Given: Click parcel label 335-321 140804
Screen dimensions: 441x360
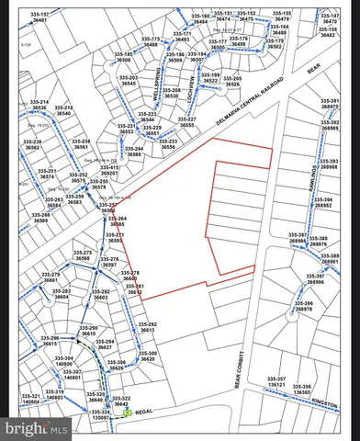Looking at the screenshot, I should [31, 399].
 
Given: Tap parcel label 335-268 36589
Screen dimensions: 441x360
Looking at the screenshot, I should [39, 218].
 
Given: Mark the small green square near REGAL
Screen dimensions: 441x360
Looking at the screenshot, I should [127, 413].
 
